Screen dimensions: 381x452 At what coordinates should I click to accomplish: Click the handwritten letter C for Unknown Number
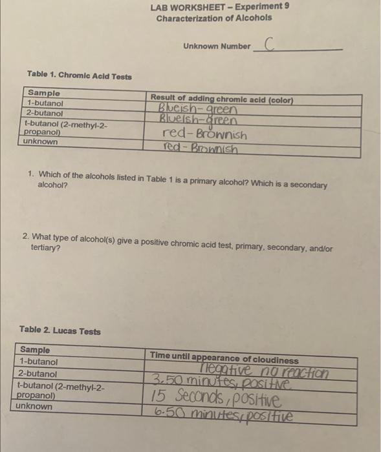269,44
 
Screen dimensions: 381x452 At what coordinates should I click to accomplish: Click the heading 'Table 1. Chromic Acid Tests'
79,76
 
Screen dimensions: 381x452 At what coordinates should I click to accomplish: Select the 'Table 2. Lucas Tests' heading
60,331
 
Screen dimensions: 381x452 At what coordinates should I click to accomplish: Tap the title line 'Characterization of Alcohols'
214,17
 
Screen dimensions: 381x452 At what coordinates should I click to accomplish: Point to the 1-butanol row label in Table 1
45,103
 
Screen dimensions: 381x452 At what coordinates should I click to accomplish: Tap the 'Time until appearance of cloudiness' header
224,359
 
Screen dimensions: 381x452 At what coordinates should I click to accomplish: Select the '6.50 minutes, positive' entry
222,414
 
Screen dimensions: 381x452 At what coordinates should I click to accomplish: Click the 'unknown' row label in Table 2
35,406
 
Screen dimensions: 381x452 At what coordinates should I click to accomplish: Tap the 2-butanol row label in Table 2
38,374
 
